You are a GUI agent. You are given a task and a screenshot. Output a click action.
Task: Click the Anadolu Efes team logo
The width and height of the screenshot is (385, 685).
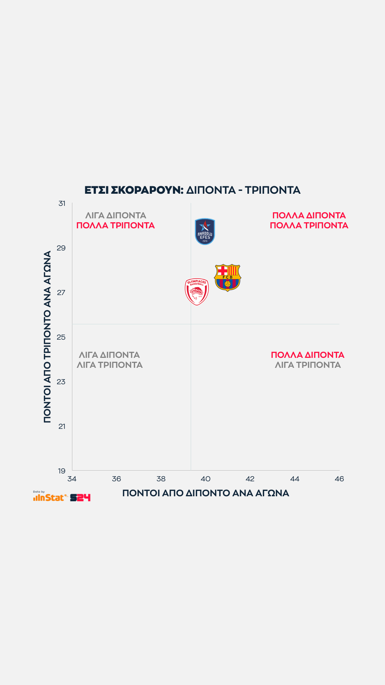(205, 232)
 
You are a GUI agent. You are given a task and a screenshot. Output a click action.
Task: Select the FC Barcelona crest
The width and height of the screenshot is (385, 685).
(227, 278)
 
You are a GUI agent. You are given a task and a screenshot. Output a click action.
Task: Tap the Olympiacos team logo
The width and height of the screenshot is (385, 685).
(197, 291)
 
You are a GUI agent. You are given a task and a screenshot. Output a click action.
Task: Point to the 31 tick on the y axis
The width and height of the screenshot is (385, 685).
(62, 203)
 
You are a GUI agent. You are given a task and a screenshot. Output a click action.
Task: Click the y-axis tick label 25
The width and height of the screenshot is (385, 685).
(61, 337)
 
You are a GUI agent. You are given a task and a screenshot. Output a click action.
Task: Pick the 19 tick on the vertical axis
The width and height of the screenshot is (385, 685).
(62, 471)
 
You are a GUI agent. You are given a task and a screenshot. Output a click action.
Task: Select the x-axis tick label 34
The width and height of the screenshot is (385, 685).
(72, 479)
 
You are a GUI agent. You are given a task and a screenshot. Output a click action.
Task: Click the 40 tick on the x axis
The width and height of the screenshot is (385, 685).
(206, 479)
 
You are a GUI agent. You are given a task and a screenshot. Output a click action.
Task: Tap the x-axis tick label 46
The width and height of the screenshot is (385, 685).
(339, 479)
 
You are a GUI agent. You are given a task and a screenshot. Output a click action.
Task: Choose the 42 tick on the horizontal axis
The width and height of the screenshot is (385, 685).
(250, 479)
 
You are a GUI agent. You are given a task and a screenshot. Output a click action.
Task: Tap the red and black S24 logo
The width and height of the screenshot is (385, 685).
(80, 498)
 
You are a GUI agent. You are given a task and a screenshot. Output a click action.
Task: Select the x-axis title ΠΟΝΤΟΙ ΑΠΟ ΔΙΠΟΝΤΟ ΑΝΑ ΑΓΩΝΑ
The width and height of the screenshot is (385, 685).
(206, 493)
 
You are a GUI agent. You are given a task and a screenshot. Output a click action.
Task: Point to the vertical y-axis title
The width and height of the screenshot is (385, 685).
(47, 337)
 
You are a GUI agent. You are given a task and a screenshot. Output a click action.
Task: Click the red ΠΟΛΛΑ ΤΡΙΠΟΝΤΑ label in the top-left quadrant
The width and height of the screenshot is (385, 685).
(115, 225)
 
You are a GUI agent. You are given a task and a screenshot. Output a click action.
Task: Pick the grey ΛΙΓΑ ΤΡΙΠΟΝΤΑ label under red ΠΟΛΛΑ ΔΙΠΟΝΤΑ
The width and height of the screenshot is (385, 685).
(308, 365)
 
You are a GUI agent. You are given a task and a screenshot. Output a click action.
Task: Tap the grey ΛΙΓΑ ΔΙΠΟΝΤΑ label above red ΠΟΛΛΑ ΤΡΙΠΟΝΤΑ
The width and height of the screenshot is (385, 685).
(116, 215)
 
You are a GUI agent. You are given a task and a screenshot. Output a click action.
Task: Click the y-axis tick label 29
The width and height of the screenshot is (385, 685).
(61, 248)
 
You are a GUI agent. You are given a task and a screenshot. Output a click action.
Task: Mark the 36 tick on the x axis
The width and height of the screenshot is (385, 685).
(117, 479)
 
